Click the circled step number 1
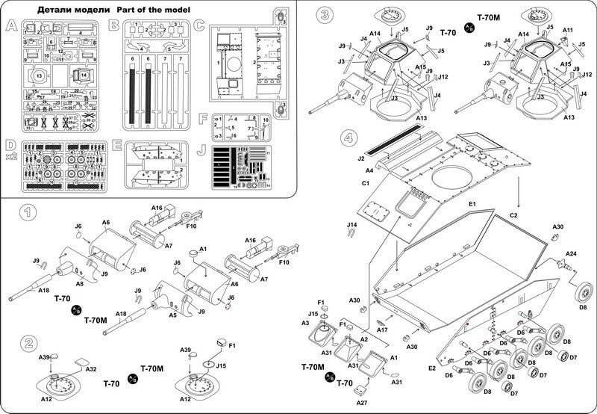point(28,212)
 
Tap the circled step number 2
point(28,343)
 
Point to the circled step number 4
point(347,138)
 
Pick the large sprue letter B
point(114,25)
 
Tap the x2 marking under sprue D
point(9,156)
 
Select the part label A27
point(362,402)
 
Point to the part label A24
point(569,254)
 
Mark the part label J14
point(352,224)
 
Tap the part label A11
point(568,30)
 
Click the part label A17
point(382,328)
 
